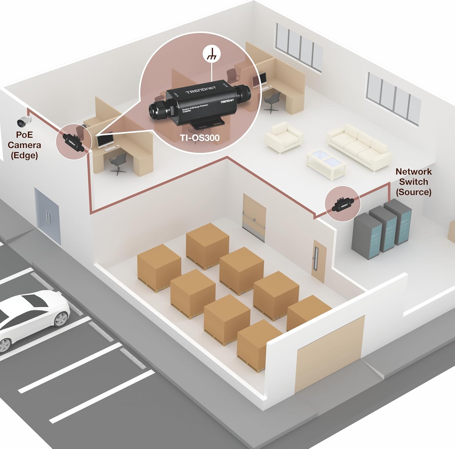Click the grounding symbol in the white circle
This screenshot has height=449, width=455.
tap(211, 55)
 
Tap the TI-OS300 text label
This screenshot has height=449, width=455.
tap(200, 138)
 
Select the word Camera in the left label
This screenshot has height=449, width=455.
tap(24, 145)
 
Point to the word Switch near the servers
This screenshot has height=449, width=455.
tap(413, 182)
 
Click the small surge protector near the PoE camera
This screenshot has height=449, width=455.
tap(73, 141)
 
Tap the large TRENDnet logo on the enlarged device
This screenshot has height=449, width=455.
tap(201, 90)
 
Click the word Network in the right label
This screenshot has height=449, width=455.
tap(413, 171)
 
